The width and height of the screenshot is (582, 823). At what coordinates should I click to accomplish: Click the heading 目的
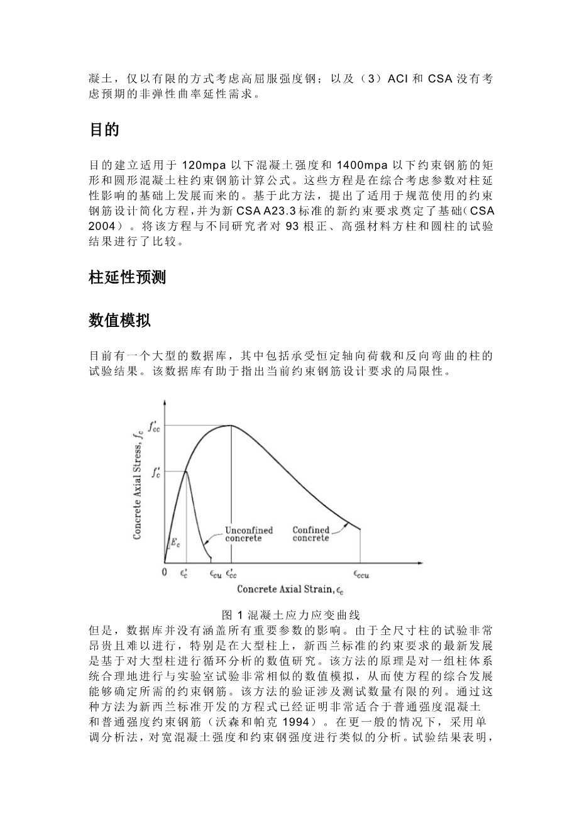104,131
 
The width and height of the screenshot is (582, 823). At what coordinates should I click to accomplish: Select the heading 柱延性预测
128,277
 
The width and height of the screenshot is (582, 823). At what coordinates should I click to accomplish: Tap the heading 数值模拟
119,320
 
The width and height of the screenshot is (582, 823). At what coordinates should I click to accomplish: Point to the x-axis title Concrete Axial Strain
290,589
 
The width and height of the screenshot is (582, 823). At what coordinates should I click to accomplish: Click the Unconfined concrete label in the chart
249,534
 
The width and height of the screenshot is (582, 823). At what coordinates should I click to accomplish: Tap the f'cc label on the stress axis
154,426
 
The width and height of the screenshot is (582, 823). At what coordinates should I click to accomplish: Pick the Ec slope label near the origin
175,542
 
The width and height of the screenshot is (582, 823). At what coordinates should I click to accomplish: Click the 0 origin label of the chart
165,573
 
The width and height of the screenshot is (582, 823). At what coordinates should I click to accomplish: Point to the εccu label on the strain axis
360,573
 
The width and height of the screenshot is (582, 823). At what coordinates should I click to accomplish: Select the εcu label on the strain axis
214,573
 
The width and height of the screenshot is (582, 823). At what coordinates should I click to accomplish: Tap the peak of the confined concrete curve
231,426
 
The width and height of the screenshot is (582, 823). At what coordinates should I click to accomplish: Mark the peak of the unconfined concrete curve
186,472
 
